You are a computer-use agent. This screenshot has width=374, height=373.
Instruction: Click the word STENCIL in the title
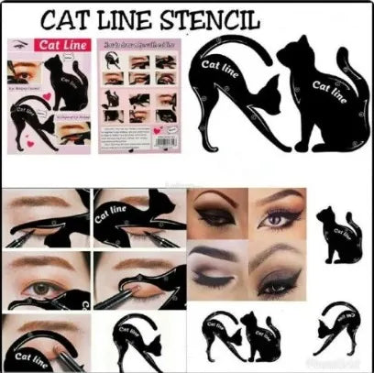coord(210,19)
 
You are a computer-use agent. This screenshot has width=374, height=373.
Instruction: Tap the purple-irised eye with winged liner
coord(279,216)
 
